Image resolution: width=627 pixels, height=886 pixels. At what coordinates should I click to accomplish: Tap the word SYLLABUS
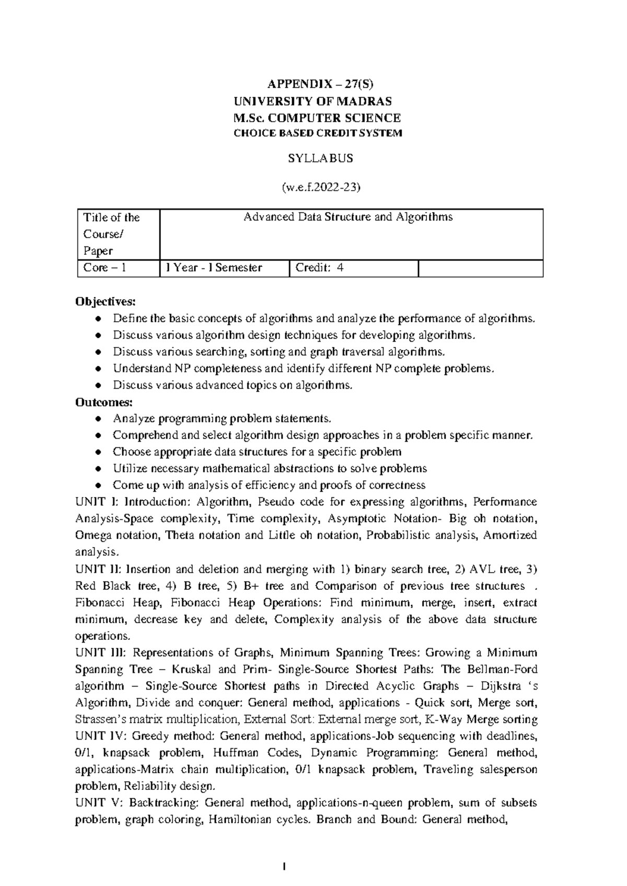point(321,158)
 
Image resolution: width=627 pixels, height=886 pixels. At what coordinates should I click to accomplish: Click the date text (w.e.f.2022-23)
point(321,188)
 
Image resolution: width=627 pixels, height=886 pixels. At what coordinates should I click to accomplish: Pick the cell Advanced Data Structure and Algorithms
point(349,217)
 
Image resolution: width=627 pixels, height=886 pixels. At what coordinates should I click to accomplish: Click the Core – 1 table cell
point(105,268)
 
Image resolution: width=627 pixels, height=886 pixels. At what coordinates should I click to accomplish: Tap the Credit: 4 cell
point(320,268)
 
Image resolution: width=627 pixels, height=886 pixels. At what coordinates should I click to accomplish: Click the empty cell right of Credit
point(481,269)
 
